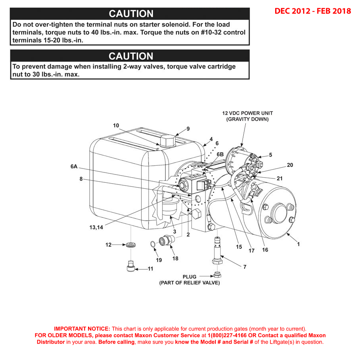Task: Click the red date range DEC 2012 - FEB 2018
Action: click(313, 11)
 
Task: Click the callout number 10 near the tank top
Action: click(116, 125)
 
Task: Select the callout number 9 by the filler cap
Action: click(188, 129)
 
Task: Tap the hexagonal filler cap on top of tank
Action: click(168, 140)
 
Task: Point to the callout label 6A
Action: click(74, 167)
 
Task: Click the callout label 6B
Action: click(220, 154)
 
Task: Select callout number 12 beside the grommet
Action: click(108, 245)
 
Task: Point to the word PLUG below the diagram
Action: click(190, 276)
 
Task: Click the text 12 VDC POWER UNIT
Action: click(247, 113)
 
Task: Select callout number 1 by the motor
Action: click(298, 245)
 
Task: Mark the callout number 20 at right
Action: click(290, 165)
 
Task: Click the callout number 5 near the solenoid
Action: click(270, 155)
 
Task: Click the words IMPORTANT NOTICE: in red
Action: click(82, 329)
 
